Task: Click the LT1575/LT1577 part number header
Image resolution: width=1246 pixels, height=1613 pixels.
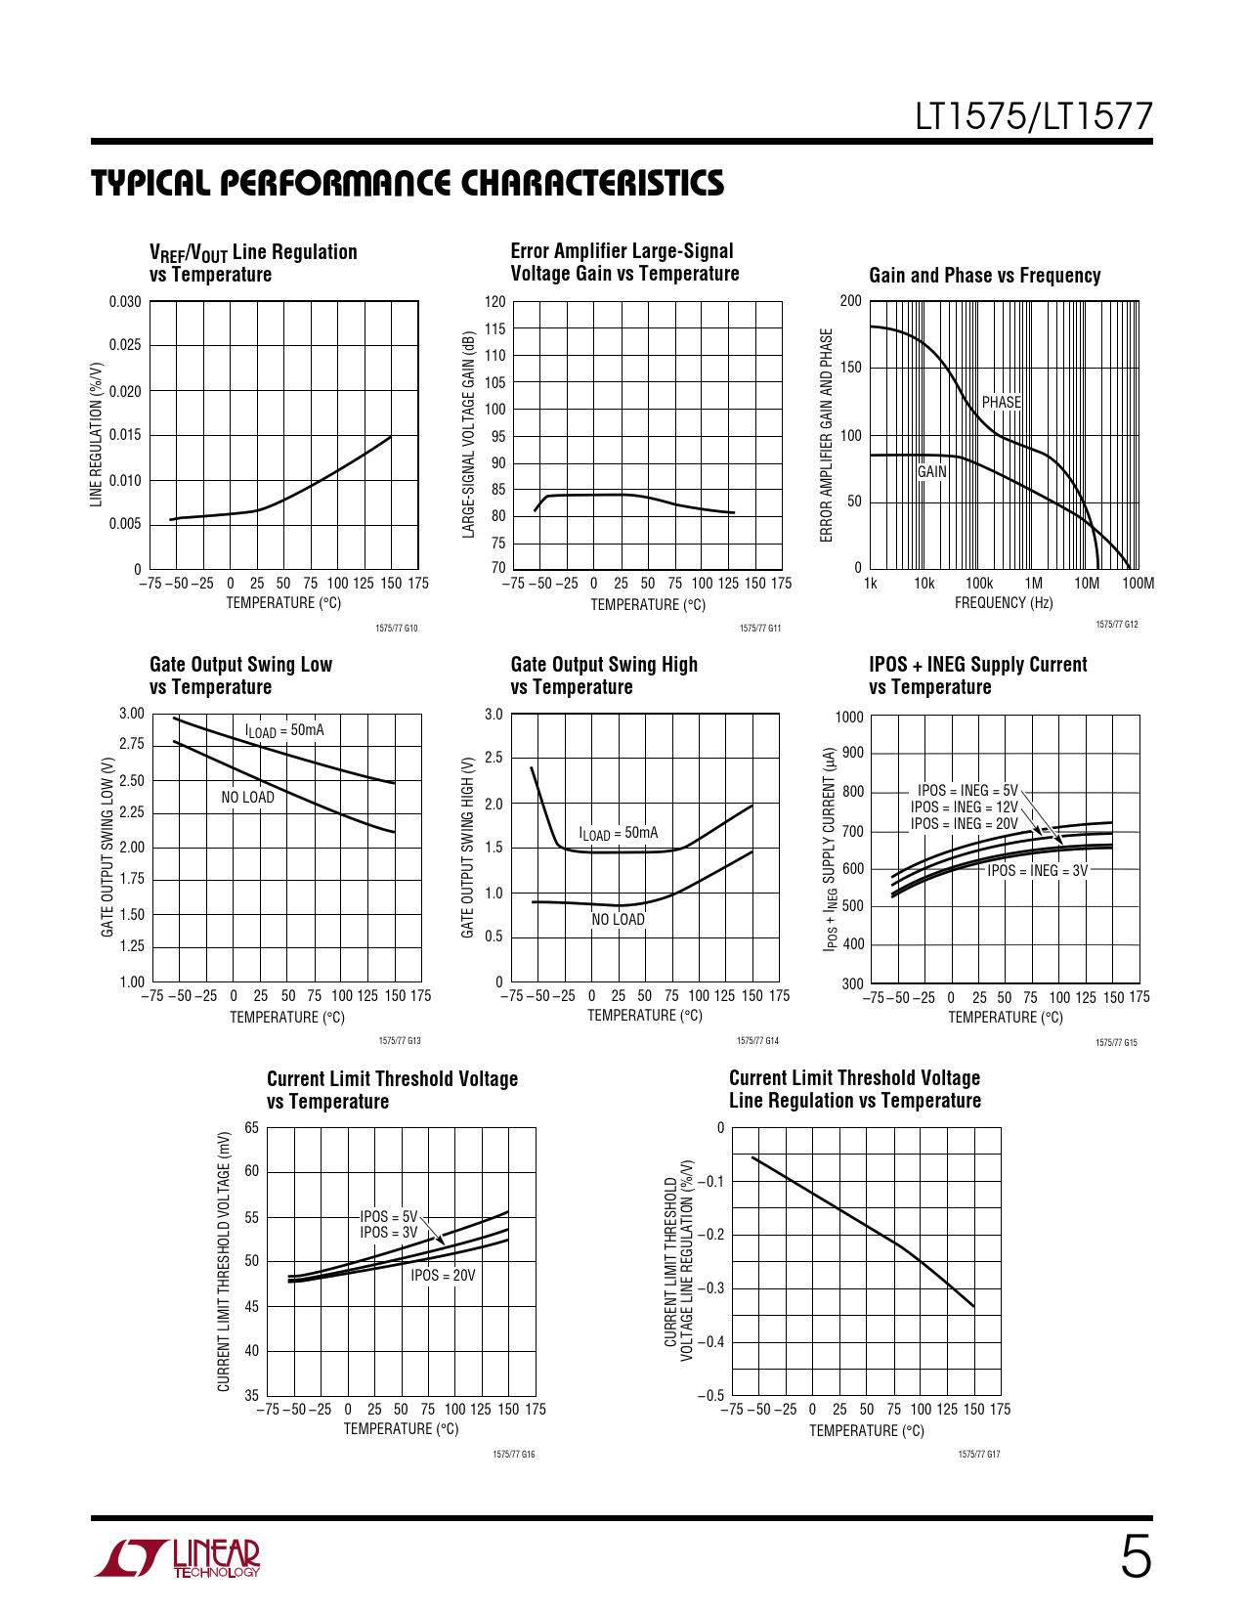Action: coord(1033,117)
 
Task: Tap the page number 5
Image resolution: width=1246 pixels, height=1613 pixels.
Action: coord(1135,1557)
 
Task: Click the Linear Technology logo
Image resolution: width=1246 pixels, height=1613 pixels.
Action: coord(178,1558)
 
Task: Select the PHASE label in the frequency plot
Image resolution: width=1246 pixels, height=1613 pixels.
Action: coord(1001,402)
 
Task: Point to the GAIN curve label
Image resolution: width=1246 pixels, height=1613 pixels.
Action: coord(931,471)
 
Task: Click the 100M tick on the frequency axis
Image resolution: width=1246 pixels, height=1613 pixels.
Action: coord(1138,584)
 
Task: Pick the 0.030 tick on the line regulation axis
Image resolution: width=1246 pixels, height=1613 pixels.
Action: coord(125,302)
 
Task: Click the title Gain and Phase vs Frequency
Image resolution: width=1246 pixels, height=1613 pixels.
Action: coord(984,276)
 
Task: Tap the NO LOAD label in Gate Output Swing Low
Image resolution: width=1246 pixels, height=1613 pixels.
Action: coord(247,797)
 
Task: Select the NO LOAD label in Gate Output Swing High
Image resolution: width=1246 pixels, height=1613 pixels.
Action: coord(618,919)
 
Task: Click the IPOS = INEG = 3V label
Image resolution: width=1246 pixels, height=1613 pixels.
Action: coord(1037,870)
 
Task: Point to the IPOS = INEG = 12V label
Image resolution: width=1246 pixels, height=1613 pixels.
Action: coord(964,806)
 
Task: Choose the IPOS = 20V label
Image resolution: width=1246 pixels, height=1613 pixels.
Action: coord(443,1275)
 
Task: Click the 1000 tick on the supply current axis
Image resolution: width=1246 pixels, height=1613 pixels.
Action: coord(849,717)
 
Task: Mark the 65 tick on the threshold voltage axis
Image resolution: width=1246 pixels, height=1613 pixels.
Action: coord(251,1128)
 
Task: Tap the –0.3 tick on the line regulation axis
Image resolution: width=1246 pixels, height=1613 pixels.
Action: coord(710,1287)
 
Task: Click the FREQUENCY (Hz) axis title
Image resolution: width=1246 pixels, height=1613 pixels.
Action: coord(1004,603)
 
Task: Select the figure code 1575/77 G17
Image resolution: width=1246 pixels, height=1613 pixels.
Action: coord(978,1455)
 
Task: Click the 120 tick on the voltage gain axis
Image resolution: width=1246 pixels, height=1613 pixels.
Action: coord(495,302)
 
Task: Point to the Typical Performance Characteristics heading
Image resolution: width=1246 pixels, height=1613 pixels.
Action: coord(408,184)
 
